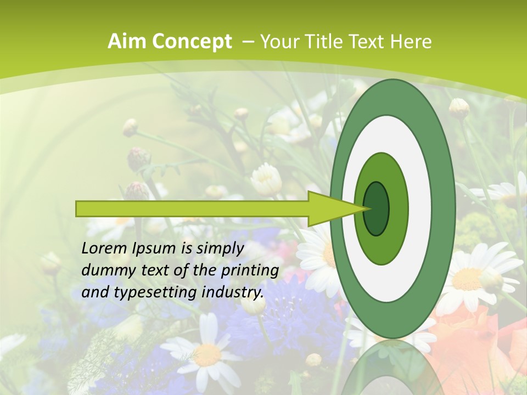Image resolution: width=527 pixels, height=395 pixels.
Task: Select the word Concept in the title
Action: tap(192, 42)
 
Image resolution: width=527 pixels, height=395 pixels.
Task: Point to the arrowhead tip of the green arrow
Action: tap(367, 208)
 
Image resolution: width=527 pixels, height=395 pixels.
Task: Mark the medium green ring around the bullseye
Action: tap(398, 208)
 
